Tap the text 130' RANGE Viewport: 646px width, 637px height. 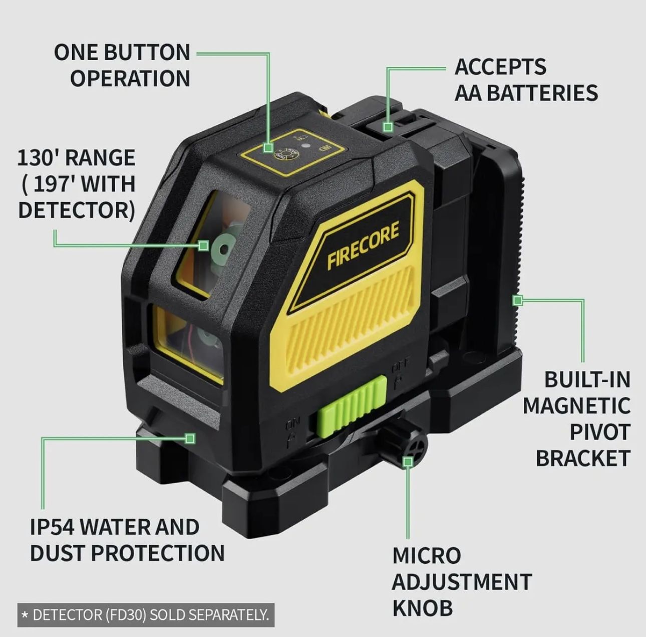pyautogui.click(x=76, y=158)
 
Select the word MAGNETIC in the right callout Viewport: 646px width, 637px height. pyautogui.click(x=576, y=405)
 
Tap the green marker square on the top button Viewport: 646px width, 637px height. pyautogui.click(x=269, y=148)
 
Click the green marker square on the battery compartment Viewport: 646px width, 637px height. pyautogui.click(x=388, y=127)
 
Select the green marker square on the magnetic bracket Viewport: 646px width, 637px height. pyautogui.click(x=518, y=300)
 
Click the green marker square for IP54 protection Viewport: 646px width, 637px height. pyautogui.click(x=190, y=439)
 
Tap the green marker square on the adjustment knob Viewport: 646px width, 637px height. pyautogui.click(x=408, y=462)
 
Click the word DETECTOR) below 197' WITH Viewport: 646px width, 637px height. pyautogui.click(x=77, y=210)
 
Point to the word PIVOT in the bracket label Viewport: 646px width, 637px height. pyautogui.click(x=599, y=432)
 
